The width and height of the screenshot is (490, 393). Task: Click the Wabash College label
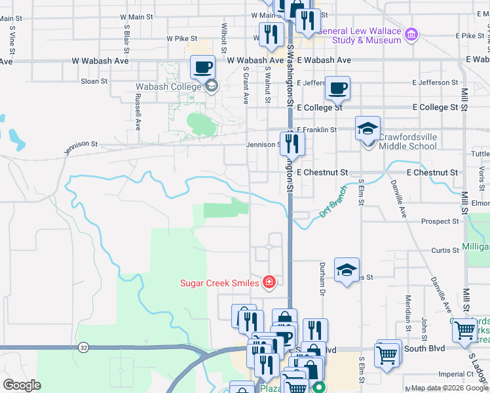click(168, 87)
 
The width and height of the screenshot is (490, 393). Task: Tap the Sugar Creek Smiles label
click(219, 283)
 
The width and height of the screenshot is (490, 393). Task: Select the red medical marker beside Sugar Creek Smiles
click(269, 282)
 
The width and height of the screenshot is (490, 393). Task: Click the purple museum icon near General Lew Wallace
click(411, 34)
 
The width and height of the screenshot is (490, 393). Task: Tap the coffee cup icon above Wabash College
click(202, 67)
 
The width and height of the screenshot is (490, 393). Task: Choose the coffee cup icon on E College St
click(337, 88)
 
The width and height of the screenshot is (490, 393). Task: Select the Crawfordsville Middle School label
click(407, 141)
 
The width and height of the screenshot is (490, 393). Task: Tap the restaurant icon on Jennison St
click(292, 143)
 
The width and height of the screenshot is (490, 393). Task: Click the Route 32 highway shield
click(83, 346)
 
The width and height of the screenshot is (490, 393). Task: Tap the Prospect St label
click(440, 221)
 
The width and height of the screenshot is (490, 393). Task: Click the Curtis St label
click(445, 250)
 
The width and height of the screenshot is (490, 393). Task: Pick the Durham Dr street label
click(322, 276)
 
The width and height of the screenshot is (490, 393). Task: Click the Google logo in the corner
click(22, 385)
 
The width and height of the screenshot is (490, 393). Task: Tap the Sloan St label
click(94, 81)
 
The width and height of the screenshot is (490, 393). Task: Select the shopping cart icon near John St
click(464, 331)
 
